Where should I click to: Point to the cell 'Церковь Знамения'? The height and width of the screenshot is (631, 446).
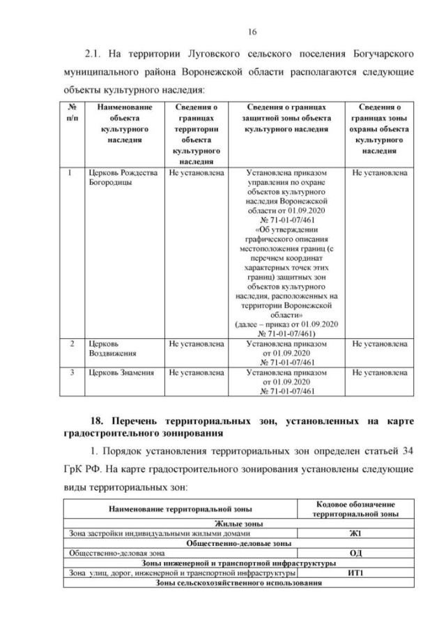point(117,373)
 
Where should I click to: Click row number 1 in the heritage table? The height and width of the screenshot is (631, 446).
point(71,172)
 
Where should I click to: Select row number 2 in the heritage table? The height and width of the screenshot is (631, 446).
point(71,344)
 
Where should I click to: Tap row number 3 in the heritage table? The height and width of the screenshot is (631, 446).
point(71,373)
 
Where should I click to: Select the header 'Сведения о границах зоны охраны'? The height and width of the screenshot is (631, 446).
point(380,129)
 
